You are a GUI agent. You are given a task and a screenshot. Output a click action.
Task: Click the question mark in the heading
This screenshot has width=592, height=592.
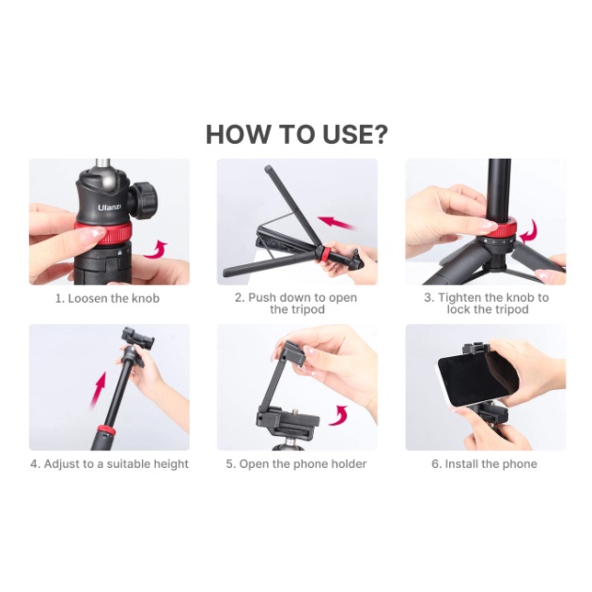(377, 134)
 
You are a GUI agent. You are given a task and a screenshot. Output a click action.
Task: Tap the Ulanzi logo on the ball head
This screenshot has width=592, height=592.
(109, 208)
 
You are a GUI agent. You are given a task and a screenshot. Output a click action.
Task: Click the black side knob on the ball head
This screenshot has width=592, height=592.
(144, 199)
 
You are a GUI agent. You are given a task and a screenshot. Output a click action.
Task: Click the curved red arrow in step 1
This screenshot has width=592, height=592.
(156, 250)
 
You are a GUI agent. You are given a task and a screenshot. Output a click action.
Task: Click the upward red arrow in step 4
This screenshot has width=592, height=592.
(99, 390)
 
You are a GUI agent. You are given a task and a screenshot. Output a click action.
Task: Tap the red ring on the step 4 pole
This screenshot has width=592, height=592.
(104, 429)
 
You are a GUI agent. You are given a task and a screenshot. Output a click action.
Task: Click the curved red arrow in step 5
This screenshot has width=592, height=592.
(340, 415)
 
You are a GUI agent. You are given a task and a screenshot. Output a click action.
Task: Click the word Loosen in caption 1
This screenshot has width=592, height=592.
(87, 298)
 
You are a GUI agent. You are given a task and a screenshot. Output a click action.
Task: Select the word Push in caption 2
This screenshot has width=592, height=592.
(261, 298)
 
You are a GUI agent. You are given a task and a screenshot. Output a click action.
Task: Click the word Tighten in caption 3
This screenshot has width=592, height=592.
(460, 298)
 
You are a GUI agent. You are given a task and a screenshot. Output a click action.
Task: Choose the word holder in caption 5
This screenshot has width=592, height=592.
(349, 463)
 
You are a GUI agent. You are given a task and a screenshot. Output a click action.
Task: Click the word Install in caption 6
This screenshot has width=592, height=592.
(461, 463)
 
